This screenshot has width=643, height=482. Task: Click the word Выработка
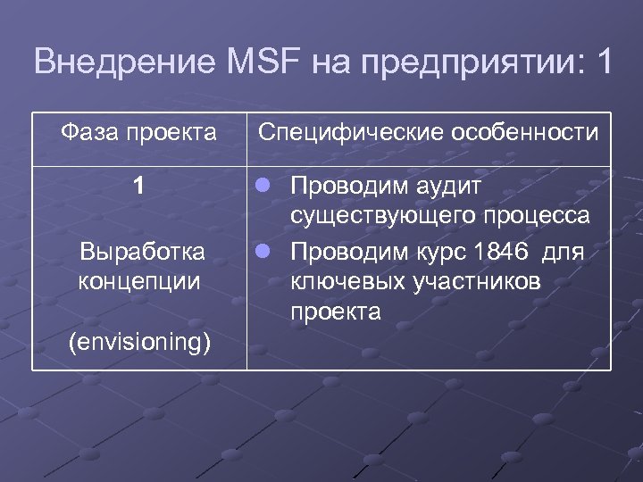pyautogui.click(x=142, y=251)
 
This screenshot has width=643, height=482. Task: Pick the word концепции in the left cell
pyautogui.click(x=138, y=281)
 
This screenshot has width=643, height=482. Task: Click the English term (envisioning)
pyautogui.click(x=139, y=341)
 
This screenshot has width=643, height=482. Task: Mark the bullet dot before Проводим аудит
pyautogui.click(x=266, y=187)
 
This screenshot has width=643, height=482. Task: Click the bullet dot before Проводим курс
pyautogui.click(x=266, y=252)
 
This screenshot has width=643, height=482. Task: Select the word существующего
pyautogui.click(x=384, y=217)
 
